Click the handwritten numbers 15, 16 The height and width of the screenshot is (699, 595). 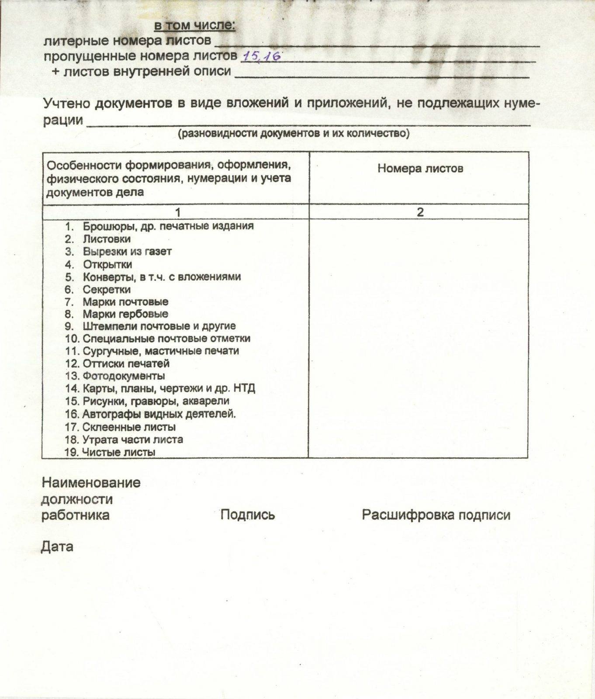pyautogui.click(x=262, y=56)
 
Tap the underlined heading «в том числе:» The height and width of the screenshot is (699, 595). pyautogui.click(x=195, y=26)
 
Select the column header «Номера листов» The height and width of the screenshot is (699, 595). pyautogui.click(x=420, y=169)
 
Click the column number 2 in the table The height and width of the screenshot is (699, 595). pyautogui.click(x=420, y=212)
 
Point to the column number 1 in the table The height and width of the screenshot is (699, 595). pyautogui.click(x=177, y=212)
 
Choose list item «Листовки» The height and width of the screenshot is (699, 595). pyautogui.click(x=107, y=239)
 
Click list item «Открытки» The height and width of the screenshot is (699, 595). pyautogui.click(x=107, y=264)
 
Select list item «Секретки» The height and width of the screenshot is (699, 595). pyautogui.click(x=107, y=289)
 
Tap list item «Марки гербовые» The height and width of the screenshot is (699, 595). pyautogui.click(x=125, y=314)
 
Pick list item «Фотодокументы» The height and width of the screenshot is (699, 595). pyautogui.click(x=124, y=376)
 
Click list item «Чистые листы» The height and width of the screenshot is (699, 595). pyautogui.click(x=118, y=452)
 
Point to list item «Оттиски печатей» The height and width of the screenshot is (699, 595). pyautogui.click(x=126, y=363)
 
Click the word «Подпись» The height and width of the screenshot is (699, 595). pyautogui.click(x=247, y=515)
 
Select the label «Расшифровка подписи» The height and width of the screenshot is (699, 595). pyautogui.click(x=436, y=515)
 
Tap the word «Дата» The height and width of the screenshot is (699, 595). pyautogui.click(x=57, y=547)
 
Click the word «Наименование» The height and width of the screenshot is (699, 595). pyautogui.click(x=91, y=483)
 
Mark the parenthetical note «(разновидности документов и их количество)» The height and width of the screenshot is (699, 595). pyautogui.click(x=293, y=133)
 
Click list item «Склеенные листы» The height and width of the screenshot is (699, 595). pyautogui.click(x=129, y=427)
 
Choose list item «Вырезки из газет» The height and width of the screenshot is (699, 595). pyautogui.click(x=127, y=252)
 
